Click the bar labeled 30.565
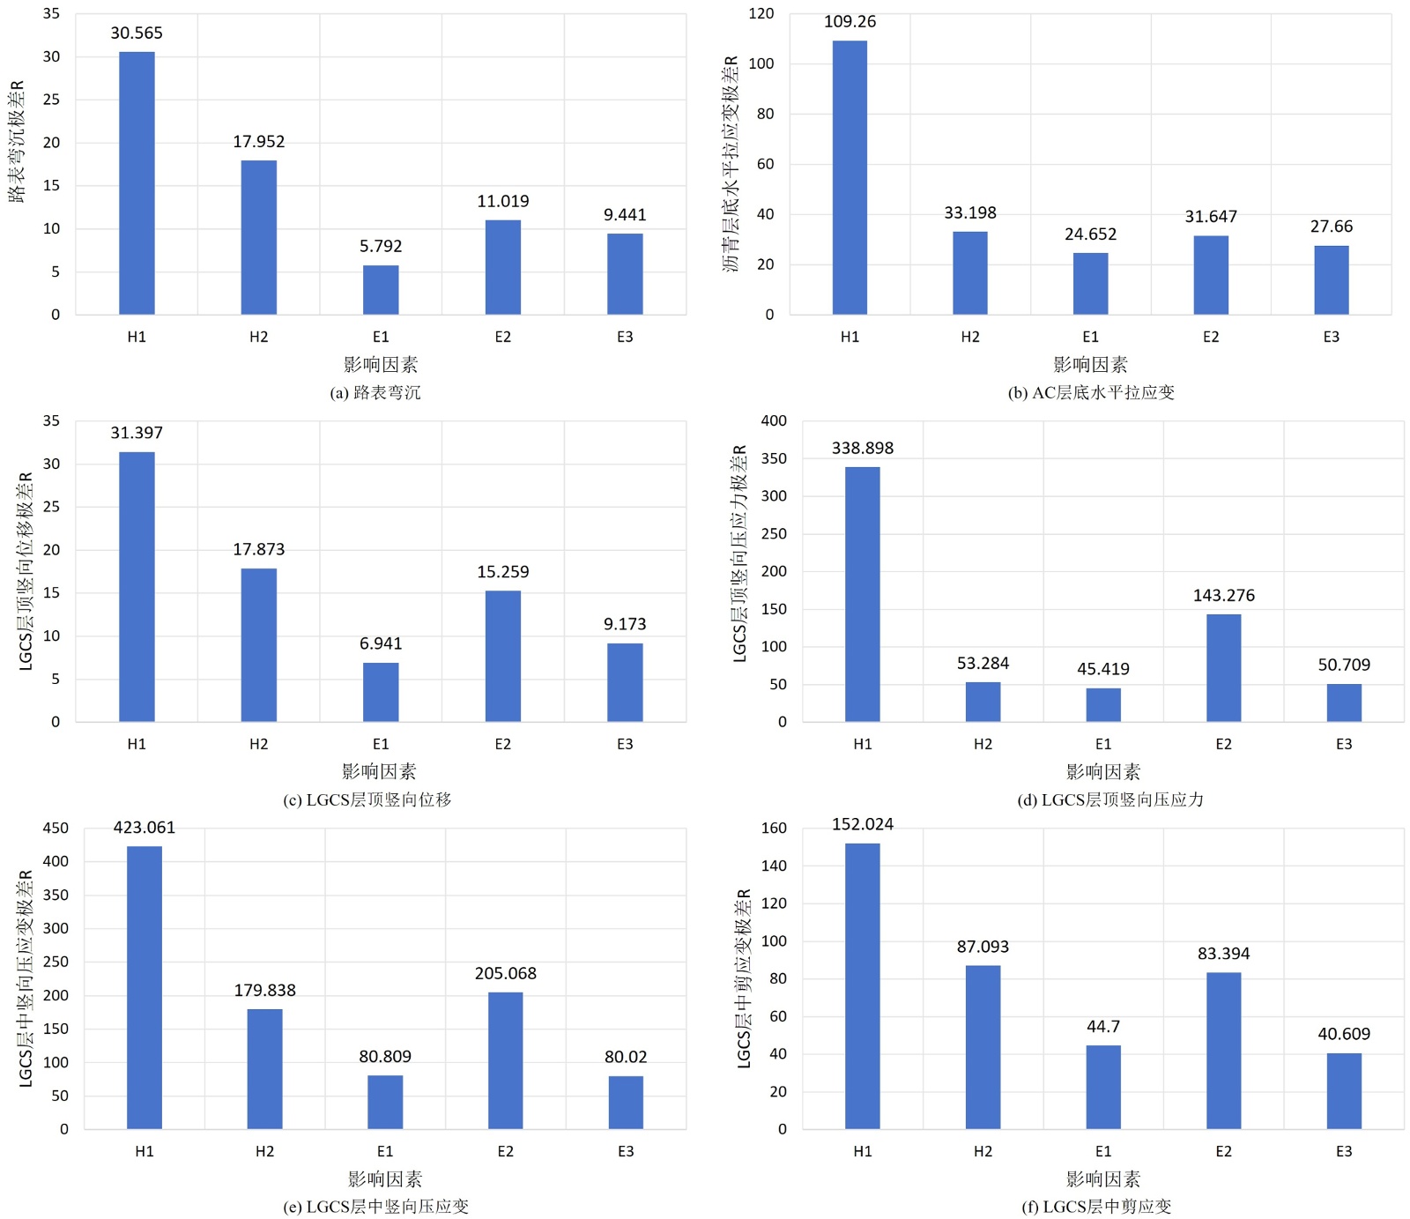point(137,182)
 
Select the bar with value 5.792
point(381,289)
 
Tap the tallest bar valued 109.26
point(850,177)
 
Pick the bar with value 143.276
point(1223,667)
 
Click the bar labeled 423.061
point(145,987)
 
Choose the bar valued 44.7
point(1103,1087)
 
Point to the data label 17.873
point(258,549)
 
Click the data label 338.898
point(862,448)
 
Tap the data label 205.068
point(505,973)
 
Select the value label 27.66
point(1331,227)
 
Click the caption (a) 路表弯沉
point(375,392)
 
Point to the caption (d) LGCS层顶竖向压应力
point(1109,799)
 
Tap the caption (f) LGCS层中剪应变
point(1096,1207)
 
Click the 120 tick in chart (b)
point(761,13)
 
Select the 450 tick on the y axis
point(56,828)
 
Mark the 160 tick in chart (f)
point(774,828)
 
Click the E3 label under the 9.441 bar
point(625,337)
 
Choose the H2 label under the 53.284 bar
point(983,744)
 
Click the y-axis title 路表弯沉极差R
point(17,141)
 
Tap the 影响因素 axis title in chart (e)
point(385,1178)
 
